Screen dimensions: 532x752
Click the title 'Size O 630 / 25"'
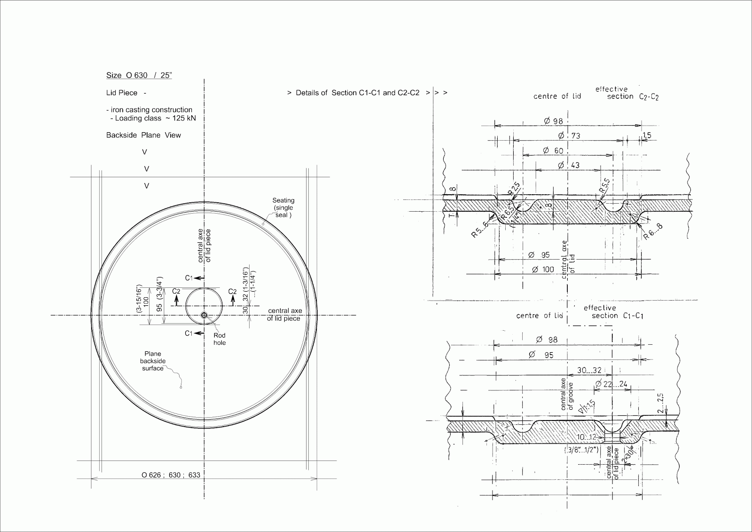(x=139, y=75)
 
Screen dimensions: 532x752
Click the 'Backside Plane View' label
(x=143, y=135)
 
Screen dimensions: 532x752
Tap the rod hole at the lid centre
(x=204, y=315)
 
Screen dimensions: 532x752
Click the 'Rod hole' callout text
(x=219, y=339)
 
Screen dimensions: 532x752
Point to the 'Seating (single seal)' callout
(x=283, y=207)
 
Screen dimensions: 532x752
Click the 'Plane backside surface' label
(x=153, y=361)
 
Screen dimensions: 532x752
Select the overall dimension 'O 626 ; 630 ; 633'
(x=171, y=475)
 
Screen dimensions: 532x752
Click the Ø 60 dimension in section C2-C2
(x=553, y=151)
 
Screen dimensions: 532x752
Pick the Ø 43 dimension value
(x=568, y=165)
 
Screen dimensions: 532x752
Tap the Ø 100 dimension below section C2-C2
(x=542, y=270)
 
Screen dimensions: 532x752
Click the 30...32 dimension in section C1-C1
(x=589, y=371)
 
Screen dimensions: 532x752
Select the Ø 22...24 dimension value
(x=611, y=384)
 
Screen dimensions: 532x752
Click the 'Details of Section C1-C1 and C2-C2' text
(x=357, y=93)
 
